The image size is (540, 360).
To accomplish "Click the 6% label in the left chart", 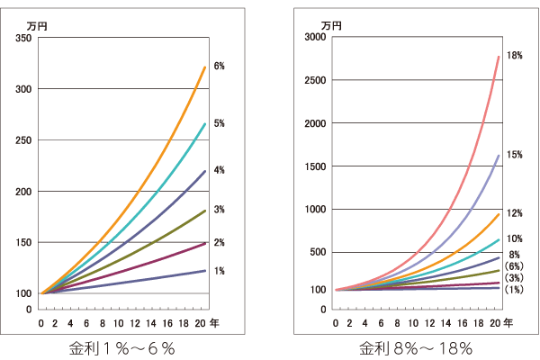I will [219, 66].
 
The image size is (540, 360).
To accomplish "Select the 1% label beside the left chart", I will [219, 270].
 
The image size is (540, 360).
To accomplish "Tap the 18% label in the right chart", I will [516, 55].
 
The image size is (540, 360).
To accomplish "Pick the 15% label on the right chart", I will [516, 154].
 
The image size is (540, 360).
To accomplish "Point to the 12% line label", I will [516, 213].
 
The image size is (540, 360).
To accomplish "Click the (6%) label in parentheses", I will [515, 265].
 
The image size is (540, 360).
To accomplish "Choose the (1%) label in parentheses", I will [515, 289].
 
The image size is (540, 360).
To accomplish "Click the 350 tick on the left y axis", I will [24, 38].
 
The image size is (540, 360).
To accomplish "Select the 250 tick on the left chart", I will [24, 140].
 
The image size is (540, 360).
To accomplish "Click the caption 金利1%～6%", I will [121, 347].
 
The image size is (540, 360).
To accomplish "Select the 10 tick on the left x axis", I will [119, 321].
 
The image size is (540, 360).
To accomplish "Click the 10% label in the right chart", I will [516, 238].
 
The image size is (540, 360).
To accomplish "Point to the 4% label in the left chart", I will [219, 170].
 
